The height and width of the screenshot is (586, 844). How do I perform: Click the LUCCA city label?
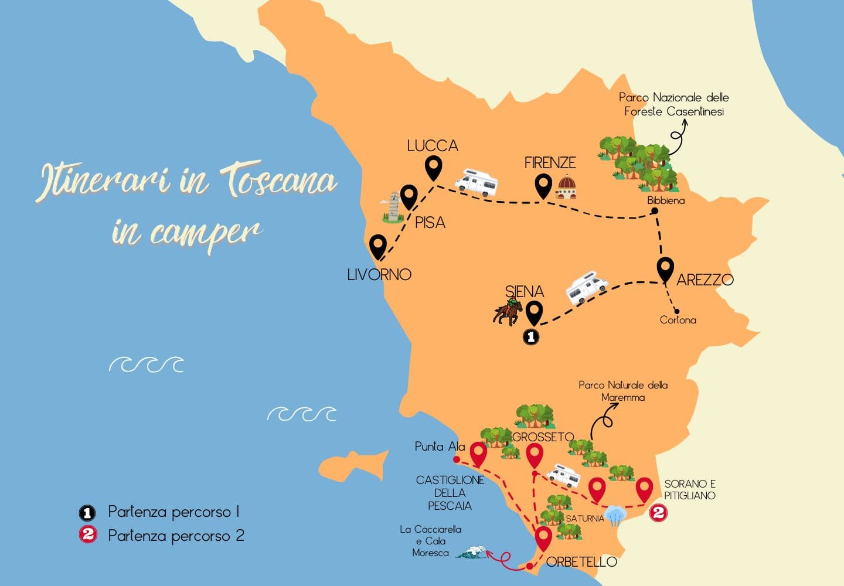click(433, 146)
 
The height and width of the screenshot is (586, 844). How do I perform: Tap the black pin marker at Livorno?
click(378, 246)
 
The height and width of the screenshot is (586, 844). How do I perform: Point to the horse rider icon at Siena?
click(508, 311)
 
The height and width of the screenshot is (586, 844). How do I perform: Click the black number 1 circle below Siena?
click(530, 337)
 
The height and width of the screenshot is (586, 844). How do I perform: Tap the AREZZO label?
click(705, 280)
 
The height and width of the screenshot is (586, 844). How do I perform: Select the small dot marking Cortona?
click(676, 311)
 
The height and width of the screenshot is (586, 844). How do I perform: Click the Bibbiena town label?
click(666, 200)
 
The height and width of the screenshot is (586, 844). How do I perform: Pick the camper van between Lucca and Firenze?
click(477, 182)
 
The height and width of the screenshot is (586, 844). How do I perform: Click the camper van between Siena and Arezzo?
click(586, 287)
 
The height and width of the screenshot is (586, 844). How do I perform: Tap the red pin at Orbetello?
click(543, 538)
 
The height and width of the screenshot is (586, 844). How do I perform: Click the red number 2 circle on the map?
click(658, 513)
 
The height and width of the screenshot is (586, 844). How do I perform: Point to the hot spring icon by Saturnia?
click(615, 515)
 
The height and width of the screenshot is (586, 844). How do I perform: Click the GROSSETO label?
click(543, 437)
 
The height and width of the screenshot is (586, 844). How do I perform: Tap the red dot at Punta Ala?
click(457, 459)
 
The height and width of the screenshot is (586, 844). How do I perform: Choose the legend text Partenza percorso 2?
click(176, 536)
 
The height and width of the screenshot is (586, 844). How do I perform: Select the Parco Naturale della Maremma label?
click(623, 391)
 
